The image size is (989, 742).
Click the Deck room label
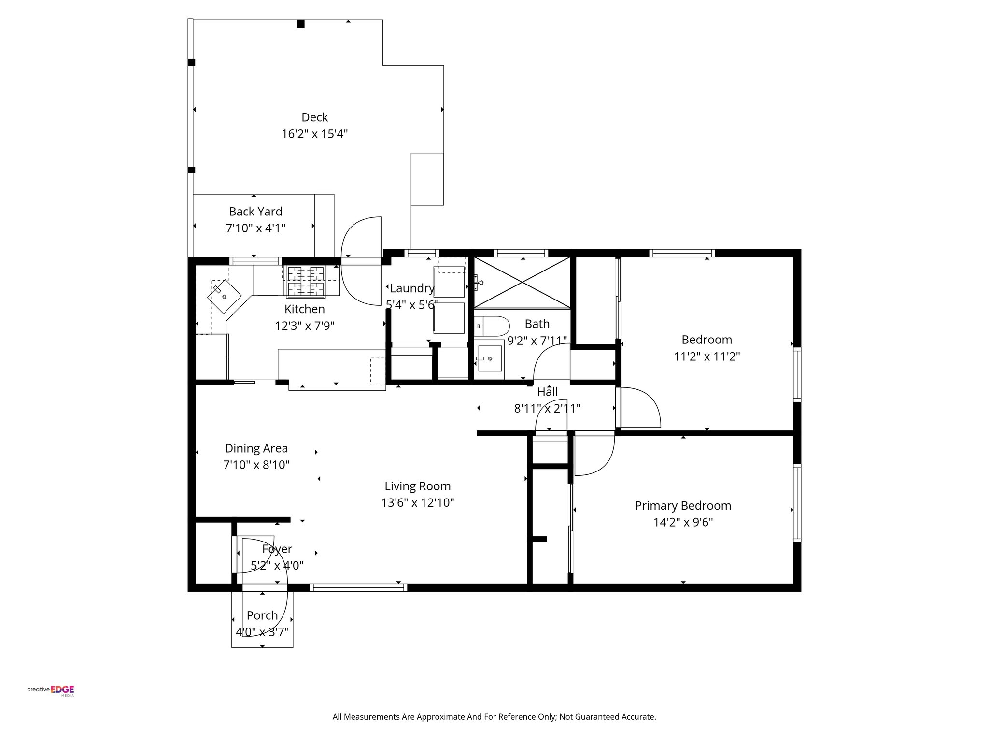314,117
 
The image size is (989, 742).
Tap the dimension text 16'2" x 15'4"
315,134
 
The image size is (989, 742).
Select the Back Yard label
255,212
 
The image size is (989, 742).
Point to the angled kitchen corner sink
225,296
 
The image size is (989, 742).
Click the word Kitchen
305,309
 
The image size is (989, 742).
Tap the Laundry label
412,288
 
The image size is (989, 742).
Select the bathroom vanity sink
488,358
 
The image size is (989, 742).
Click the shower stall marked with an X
522,282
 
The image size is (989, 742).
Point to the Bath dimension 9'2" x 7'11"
537,341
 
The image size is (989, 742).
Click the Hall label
547,392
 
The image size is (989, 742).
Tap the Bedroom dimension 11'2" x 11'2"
707,357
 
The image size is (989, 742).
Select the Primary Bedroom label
683,506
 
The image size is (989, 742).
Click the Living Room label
418,486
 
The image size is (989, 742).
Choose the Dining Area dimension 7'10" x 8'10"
256,465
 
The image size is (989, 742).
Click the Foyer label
277,549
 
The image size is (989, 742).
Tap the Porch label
262,615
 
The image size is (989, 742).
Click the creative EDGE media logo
51,690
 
